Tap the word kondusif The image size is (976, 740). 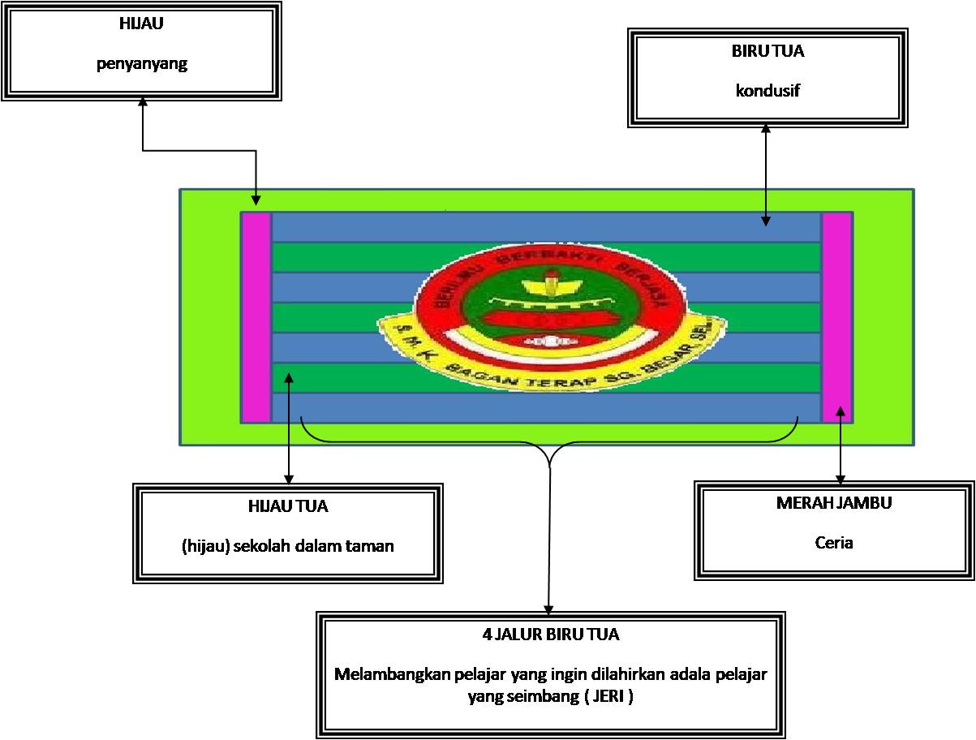(767, 89)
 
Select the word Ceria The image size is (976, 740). (834, 542)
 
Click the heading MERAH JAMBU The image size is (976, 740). (834, 502)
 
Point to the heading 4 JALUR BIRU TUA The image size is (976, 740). (550, 635)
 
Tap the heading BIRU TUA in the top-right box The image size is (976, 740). (767, 50)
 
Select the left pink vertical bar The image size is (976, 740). (256, 317)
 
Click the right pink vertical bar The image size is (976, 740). (837, 317)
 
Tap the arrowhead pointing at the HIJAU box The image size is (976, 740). (143, 101)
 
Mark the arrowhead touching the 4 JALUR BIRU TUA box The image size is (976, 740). (550, 610)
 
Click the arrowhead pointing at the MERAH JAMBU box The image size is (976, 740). (841, 479)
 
